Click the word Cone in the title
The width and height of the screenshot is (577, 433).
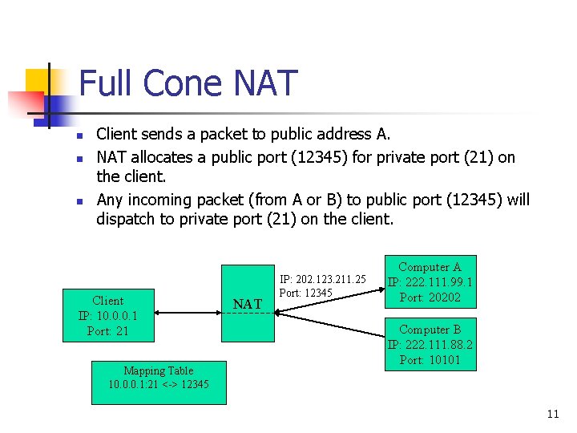185,83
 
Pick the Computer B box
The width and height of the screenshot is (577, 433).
430,344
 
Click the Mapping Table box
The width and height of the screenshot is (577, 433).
158,378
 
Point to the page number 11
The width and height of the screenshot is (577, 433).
552,414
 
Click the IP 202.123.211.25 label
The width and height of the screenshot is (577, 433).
322,279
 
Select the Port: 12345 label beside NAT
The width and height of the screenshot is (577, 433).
305,293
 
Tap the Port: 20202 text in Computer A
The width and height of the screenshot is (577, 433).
430,297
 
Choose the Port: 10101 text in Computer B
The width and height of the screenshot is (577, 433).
430,359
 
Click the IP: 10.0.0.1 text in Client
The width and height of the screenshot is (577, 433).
108,316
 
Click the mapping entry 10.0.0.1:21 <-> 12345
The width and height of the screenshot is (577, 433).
158,385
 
